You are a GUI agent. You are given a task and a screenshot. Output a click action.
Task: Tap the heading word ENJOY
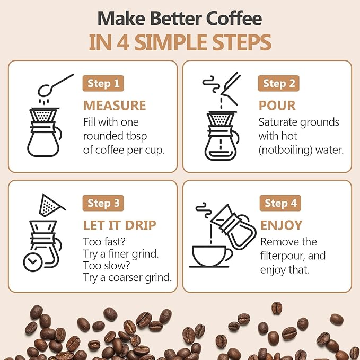pos(282,225)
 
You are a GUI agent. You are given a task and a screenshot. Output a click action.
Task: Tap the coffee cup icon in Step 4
pos(210,256)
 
